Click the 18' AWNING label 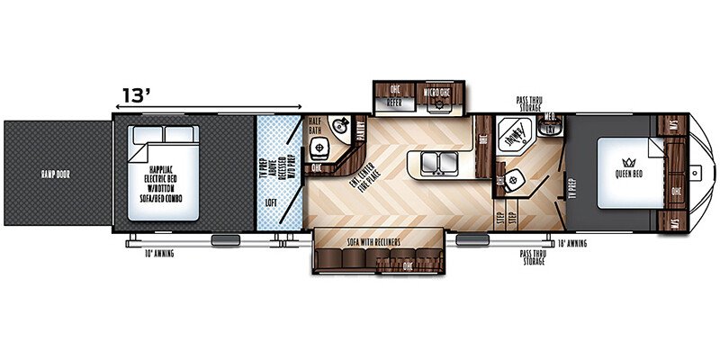pos(573,243)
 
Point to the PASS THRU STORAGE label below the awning pos(534,258)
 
